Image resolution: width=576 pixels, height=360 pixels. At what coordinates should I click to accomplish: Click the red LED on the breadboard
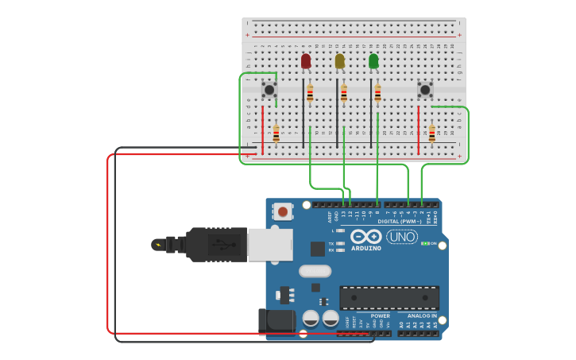pos(306,61)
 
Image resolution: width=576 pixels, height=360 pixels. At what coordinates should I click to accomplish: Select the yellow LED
pos(340,61)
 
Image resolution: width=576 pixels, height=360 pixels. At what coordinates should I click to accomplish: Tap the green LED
pos(373,61)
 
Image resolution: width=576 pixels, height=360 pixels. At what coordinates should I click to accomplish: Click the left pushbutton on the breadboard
pos(269,90)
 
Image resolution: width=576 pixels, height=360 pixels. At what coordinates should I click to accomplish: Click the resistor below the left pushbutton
pos(276,134)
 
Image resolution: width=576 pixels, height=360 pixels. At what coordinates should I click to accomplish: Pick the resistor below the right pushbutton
pos(431,134)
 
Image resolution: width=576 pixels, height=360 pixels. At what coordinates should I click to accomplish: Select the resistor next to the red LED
pos(310,94)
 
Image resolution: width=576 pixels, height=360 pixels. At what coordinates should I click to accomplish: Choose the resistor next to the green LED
pos(377,94)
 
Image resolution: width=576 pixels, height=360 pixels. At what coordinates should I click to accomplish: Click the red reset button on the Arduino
pos(282,211)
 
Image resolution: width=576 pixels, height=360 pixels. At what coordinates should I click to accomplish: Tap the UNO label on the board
pos(402,237)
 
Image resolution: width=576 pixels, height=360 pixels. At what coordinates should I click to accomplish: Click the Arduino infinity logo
pos(366,237)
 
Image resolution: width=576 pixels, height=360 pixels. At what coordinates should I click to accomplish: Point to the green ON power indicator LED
pos(425,243)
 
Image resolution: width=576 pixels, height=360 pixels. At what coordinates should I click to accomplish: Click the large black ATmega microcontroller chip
pos(389,297)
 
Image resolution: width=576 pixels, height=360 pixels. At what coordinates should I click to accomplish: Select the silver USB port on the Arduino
pos(269,244)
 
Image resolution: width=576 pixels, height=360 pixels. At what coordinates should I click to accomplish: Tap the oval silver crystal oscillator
pos(315,271)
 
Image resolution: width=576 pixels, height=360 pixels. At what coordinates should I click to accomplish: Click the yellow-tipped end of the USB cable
pos(158,244)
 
